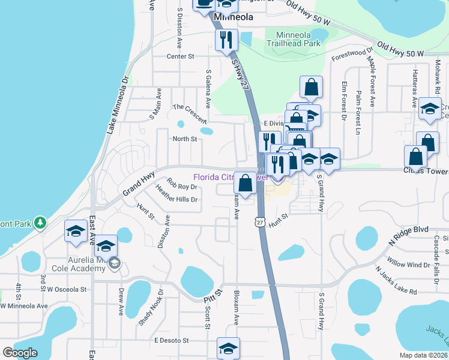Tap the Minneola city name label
point(233,18)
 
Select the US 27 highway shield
point(259,221)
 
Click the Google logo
point(20,353)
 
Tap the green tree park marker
point(40,223)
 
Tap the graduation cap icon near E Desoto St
point(228,348)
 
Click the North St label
point(185,139)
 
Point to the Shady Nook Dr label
point(150,308)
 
